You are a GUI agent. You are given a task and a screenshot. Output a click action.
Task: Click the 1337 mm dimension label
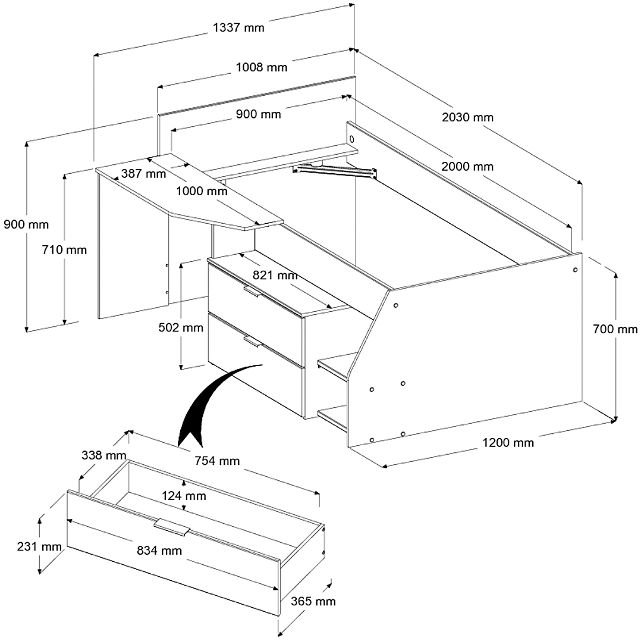point(238,27)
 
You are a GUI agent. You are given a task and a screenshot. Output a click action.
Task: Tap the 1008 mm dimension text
point(262,67)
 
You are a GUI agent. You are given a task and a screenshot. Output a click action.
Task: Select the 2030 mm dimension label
point(467,117)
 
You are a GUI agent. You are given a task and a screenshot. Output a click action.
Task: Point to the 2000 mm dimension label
point(467,167)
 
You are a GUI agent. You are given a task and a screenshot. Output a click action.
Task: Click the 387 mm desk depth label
point(143,174)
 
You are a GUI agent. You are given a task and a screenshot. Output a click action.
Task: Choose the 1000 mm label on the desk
point(202,192)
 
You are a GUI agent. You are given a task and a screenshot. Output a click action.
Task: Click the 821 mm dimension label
point(275,275)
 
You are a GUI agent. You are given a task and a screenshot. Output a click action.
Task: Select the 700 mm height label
point(615,329)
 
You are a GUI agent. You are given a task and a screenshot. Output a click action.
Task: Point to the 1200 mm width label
point(508,442)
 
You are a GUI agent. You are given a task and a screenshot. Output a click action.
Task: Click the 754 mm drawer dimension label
point(217,461)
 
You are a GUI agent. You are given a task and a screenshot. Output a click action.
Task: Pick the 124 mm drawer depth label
point(184,496)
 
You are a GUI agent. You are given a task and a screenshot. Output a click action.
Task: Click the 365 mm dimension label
point(313,601)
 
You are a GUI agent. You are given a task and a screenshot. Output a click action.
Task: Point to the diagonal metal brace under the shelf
point(336,171)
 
